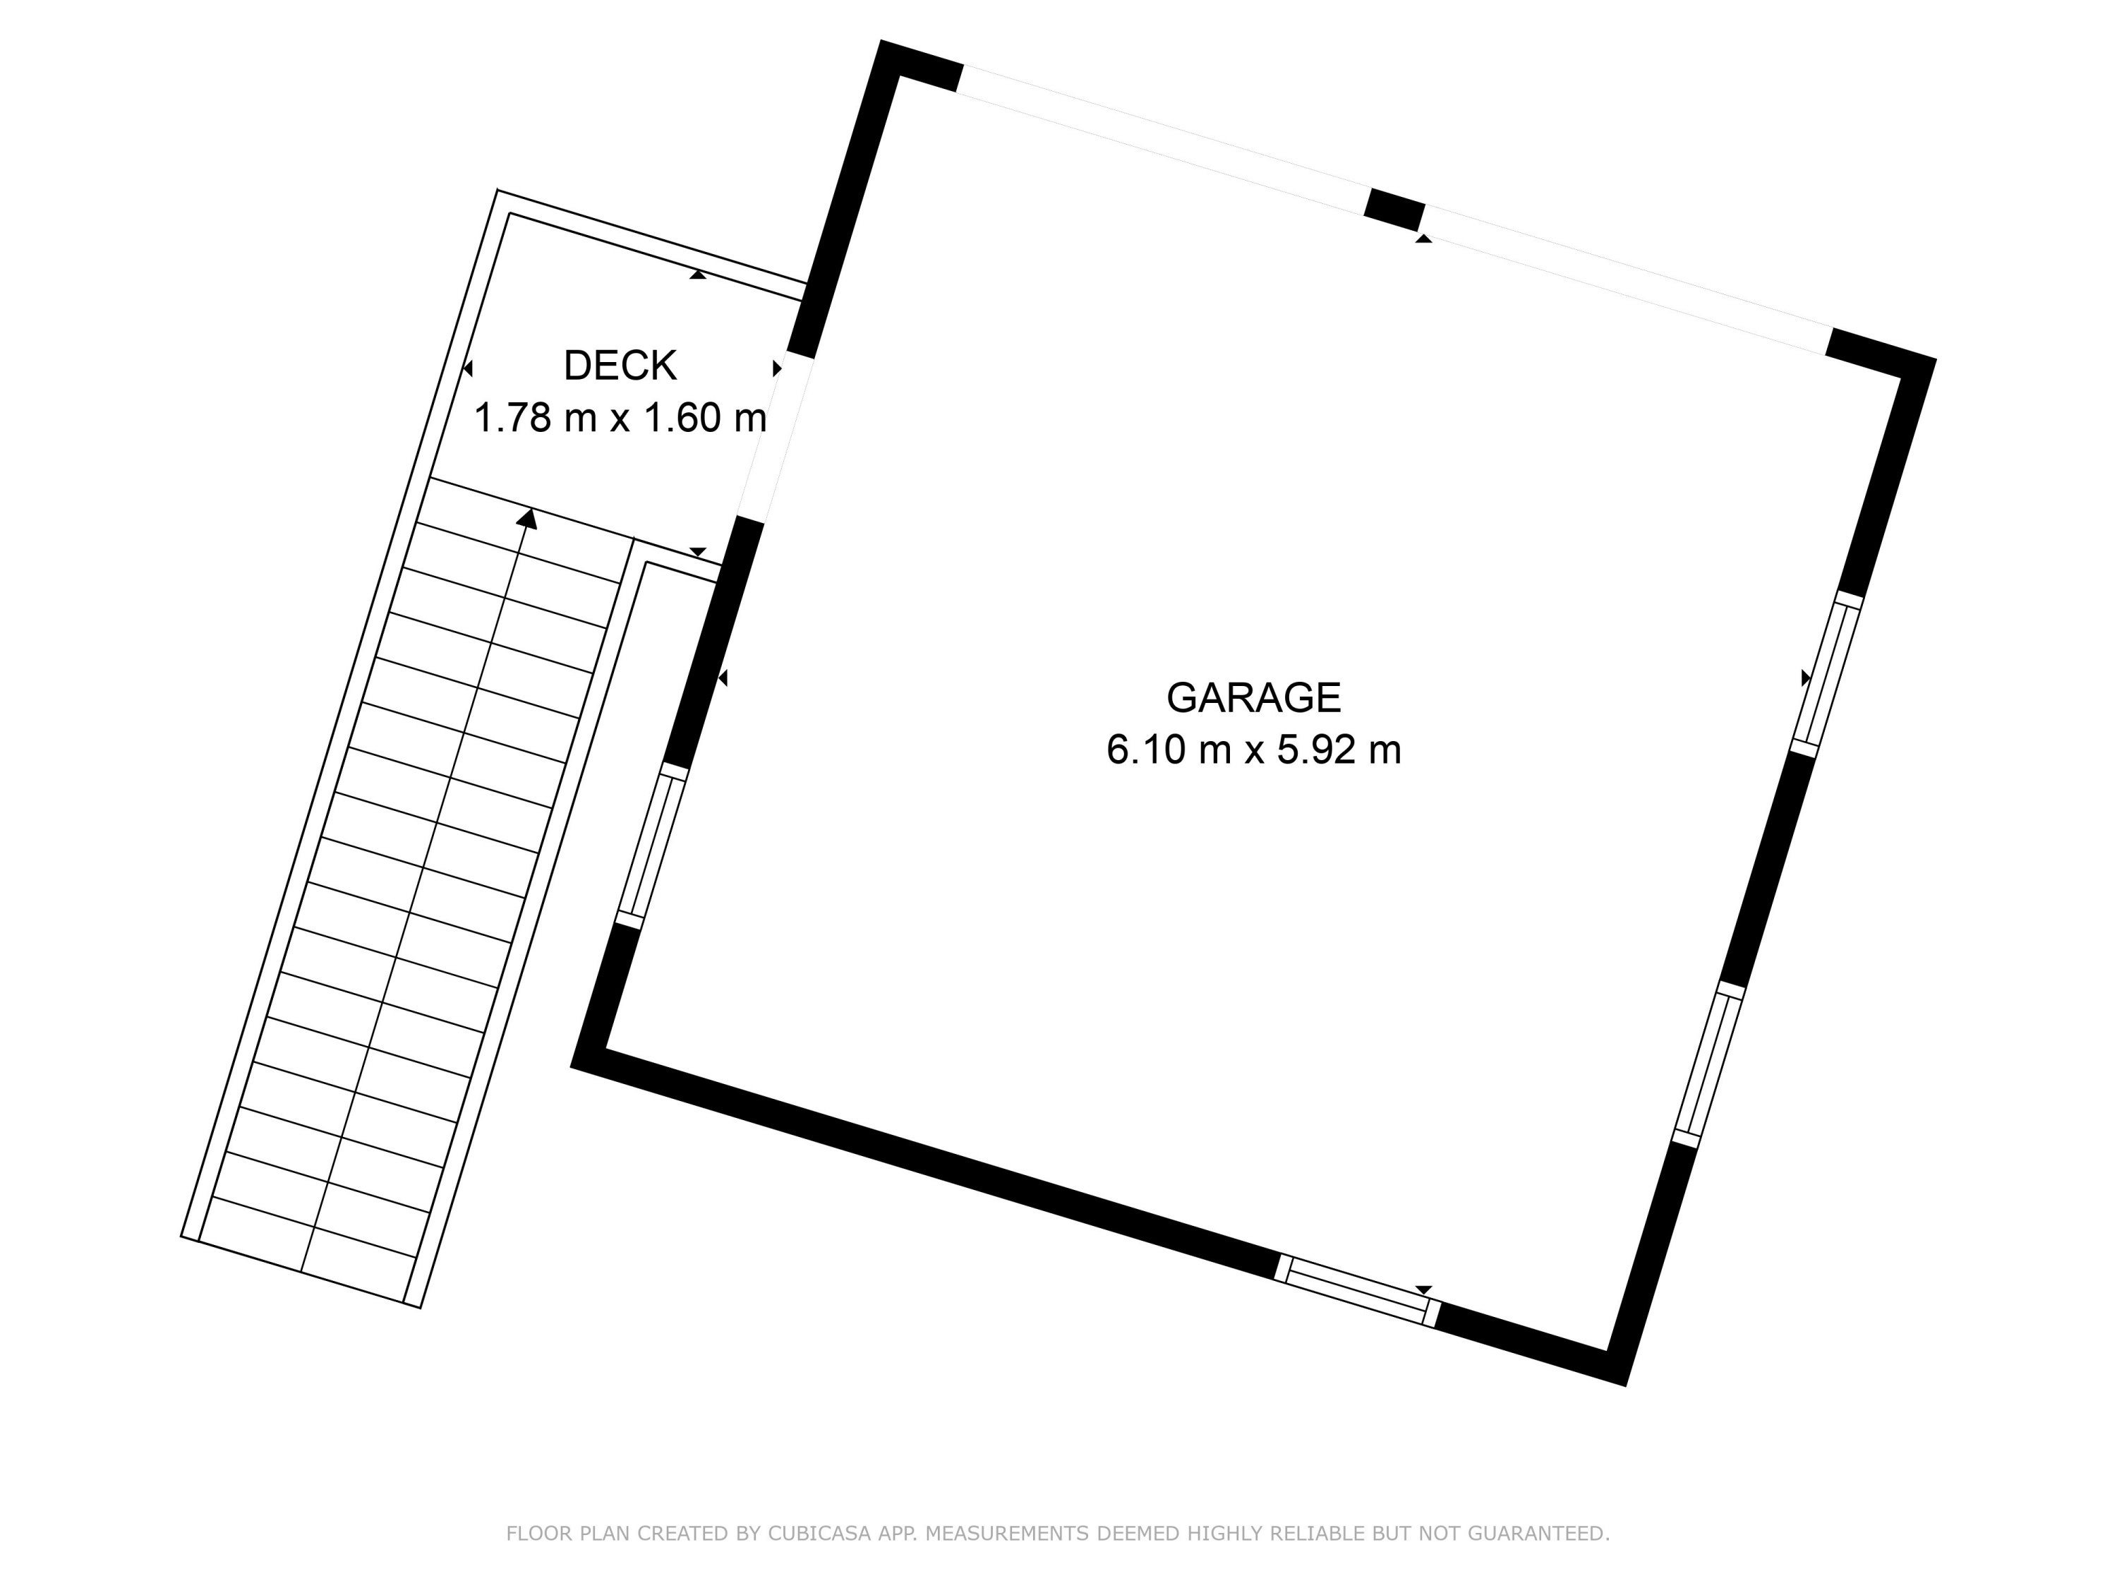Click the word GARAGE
click(x=1254, y=698)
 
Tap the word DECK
click(x=620, y=366)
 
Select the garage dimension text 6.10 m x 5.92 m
click(x=1254, y=750)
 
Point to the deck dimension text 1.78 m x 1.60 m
click(x=620, y=419)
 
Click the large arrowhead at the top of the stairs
click(x=526, y=518)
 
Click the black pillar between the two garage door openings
click(x=1394, y=210)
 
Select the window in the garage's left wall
click(x=653, y=846)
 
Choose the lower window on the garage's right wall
click(x=1708, y=1064)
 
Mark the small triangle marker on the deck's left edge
click(x=468, y=368)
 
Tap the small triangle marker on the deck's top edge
click(x=698, y=275)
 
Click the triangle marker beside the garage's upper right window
click(x=1806, y=678)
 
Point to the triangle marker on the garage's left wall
click(x=723, y=678)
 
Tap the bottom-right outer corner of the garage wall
click(x=1625, y=1385)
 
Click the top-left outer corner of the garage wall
click(x=881, y=41)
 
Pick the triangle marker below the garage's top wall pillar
click(x=1424, y=239)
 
